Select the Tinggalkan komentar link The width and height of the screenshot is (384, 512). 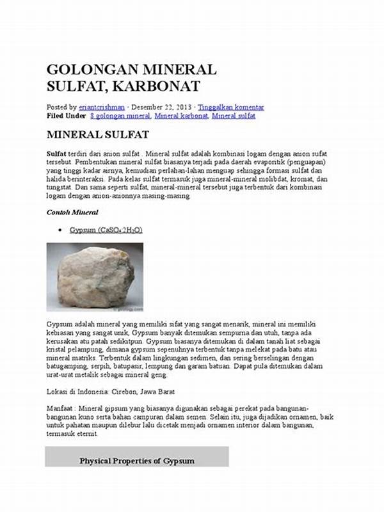[231, 108]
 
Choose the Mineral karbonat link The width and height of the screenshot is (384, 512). [181, 116]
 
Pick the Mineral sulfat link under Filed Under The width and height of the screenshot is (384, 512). [234, 116]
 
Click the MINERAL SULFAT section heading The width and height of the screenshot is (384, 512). [98, 135]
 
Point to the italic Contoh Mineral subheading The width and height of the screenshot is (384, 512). [72, 212]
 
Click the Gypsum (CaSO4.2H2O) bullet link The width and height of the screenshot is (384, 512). [107, 230]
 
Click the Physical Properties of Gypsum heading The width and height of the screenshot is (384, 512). [136, 461]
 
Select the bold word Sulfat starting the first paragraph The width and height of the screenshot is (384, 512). [56, 155]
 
